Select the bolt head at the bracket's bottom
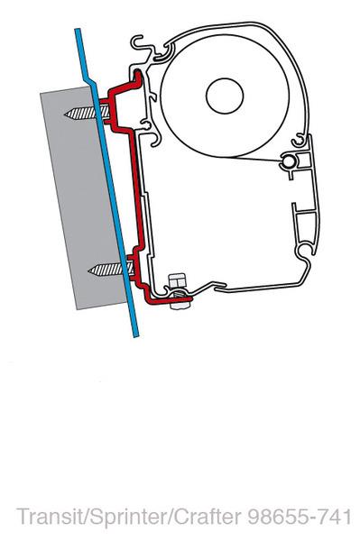178,286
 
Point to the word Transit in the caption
45,517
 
